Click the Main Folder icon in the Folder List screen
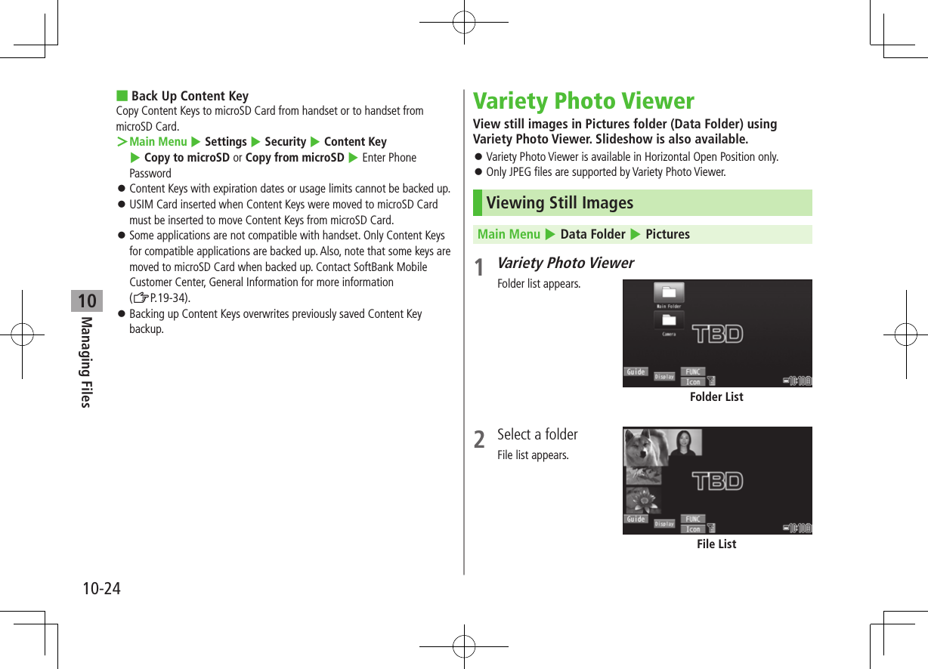(x=669, y=294)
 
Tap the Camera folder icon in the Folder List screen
(x=669, y=322)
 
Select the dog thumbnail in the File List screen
(x=643, y=447)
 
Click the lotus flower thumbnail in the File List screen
(x=642, y=500)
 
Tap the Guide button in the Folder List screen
(x=636, y=371)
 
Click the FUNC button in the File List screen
(x=693, y=519)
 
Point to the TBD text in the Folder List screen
(x=717, y=334)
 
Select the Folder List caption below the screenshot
(x=716, y=397)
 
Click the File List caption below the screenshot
(x=716, y=544)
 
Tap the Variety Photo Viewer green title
(x=583, y=101)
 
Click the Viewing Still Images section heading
(x=560, y=203)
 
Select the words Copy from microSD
(x=295, y=158)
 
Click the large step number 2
(x=479, y=439)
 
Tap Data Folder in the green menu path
(x=592, y=234)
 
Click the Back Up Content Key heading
(x=190, y=96)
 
